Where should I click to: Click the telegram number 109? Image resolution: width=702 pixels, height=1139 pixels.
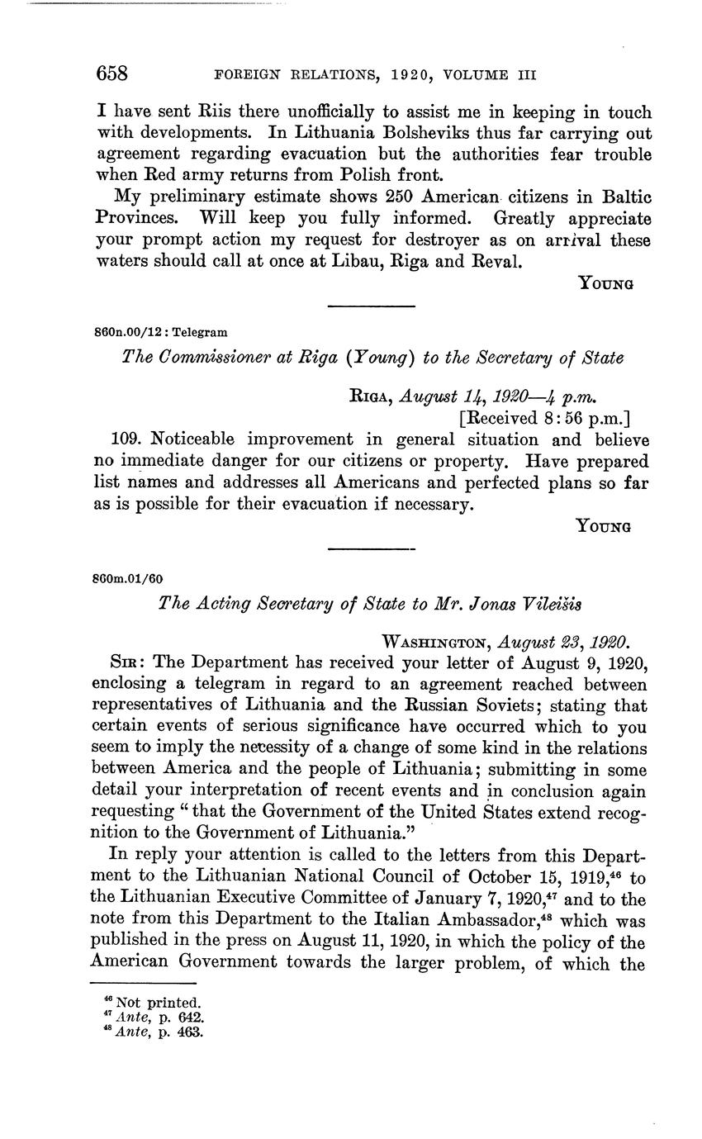pos(123,439)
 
